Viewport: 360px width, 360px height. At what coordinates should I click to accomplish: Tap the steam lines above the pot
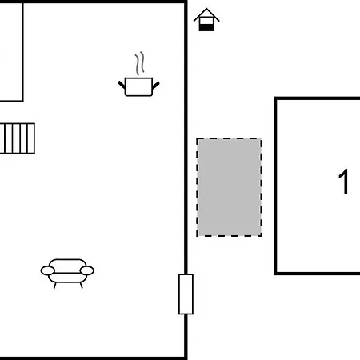pyautogui.click(x=140, y=63)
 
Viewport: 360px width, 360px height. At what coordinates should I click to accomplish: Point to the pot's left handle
pyautogui.click(x=122, y=85)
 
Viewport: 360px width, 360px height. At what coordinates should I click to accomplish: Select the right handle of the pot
pyautogui.click(x=156, y=85)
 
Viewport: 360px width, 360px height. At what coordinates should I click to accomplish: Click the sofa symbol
pyautogui.click(x=67, y=274)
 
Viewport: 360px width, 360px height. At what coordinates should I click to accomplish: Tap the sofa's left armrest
pyautogui.click(x=48, y=270)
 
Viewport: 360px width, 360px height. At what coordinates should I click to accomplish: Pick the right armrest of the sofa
pyautogui.click(x=87, y=270)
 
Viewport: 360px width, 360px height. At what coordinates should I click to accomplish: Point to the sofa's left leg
pyautogui.click(x=55, y=286)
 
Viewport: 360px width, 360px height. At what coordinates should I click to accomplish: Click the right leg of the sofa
pyautogui.click(x=81, y=286)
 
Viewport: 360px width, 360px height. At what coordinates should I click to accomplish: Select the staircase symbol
pyautogui.click(x=18, y=138)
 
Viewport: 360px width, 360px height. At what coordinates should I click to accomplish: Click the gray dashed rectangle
pyautogui.click(x=229, y=187)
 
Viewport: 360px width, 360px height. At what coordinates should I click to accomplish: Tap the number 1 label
pyautogui.click(x=344, y=182)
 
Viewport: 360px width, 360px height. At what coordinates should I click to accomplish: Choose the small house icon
pyautogui.click(x=206, y=20)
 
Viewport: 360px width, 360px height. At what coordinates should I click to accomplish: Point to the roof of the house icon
pyautogui.click(x=206, y=14)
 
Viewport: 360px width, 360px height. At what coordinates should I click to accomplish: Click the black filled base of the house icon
pyautogui.click(x=206, y=27)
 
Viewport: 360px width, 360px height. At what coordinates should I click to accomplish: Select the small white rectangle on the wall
pyautogui.click(x=186, y=294)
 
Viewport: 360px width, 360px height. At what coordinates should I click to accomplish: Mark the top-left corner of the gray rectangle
pyautogui.click(x=197, y=138)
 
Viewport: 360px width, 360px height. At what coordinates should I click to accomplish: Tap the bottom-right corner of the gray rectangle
pyautogui.click(x=262, y=236)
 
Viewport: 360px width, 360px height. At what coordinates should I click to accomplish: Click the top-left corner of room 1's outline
pyautogui.click(x=275, y=98)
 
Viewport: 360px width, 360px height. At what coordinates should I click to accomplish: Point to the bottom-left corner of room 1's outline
pyautogui.click(x=275, y=274)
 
